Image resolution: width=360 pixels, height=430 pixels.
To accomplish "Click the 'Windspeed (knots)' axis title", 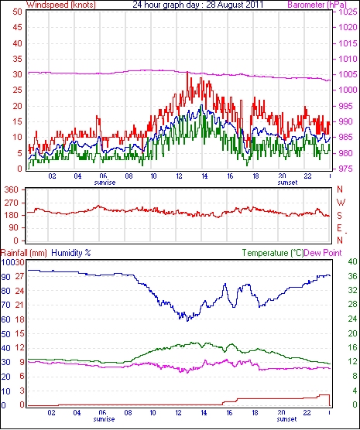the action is pyautogui.click(x=61, y=5).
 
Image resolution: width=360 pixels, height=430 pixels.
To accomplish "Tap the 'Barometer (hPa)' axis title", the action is pyautogui.click(x=317, y=5).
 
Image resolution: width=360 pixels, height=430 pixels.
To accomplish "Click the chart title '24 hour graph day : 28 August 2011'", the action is pyautogui.click(x=197, y=5).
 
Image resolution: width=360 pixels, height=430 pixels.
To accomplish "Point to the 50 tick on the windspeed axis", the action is pyautogui.click(x=17, y=12).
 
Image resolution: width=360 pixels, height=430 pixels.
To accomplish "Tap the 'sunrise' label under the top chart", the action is pyautogui.click(x=105, y=183).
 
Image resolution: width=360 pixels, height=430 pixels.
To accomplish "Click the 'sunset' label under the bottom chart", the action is pyautogui.click(x=286, y=419).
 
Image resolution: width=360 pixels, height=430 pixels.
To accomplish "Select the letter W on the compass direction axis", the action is pyautogui.click(x=341, y=203).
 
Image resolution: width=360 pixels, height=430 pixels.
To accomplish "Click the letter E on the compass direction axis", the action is pyautogui.click(x=339, y=228).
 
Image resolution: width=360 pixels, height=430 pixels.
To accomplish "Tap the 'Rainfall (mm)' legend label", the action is pyautogui.click(x=24, y=253).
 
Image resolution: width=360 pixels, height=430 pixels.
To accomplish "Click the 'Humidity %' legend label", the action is pyautogui.click(x=71, y=253).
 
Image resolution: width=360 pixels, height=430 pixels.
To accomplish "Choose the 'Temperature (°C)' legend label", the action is pyautogui.click(x=273, y=253).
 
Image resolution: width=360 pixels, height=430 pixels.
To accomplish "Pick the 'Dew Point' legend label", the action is pyautogui.click(x=323, y=253).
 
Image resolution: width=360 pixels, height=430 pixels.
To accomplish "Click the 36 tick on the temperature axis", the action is pyautogui.click(x=352, y=276).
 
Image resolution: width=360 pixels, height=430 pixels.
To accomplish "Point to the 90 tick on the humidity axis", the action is pyautogui.click(x=5, y=277).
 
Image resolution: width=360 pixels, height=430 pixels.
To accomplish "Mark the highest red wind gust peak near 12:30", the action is pyautogui.click(x=187, y=72).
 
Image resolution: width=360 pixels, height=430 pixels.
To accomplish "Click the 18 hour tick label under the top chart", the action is pyautogui.click(x=255, y=176).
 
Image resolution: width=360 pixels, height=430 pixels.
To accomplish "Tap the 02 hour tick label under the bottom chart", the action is pyautogui.click(x=51, y=412).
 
